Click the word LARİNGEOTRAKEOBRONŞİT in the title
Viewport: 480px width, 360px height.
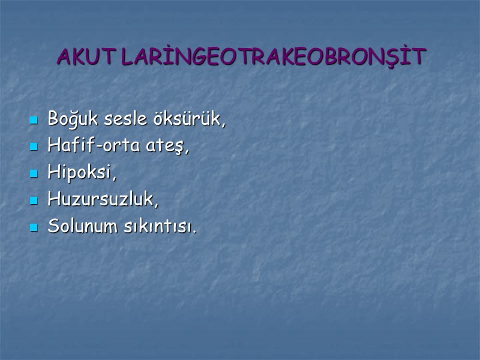[273, 57]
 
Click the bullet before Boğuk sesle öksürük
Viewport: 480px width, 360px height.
[34, 120]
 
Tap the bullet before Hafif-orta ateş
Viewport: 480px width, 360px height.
[34, 147]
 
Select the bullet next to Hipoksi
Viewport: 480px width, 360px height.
[34, 174]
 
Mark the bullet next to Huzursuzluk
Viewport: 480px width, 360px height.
[34, 201]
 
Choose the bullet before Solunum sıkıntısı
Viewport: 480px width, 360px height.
[34, 228]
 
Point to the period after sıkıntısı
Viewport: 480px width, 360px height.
[194, 232]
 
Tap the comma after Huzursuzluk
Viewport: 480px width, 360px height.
[157, 205]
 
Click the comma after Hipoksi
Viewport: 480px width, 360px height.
[114, 178]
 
